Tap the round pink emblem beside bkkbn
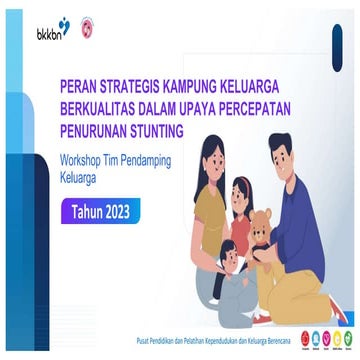pos(85,29)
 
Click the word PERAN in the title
pos(81,87)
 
